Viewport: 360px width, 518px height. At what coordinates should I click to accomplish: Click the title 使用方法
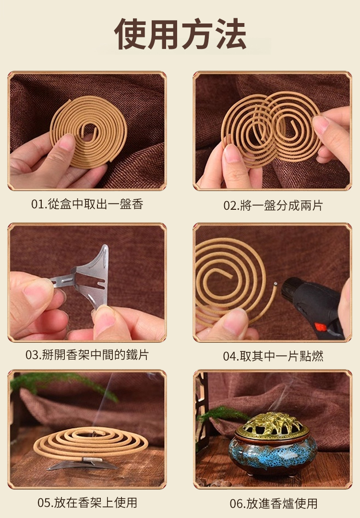[180, 34]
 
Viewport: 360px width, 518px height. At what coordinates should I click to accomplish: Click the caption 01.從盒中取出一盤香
[87, 204]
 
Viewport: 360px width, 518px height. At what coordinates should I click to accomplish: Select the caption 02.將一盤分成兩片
[273, 205]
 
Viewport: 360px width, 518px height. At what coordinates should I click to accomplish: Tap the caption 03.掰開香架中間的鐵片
[87, 355]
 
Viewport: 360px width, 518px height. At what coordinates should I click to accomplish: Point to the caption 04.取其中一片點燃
[273, 356]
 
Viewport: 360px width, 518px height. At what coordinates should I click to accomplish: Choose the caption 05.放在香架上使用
[87, 502]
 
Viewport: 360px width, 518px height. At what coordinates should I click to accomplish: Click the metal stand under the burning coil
[83, 464]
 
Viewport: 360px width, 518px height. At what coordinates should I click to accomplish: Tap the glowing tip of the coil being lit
[275, 283]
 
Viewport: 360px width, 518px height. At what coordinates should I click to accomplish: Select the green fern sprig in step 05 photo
[63, 383]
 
